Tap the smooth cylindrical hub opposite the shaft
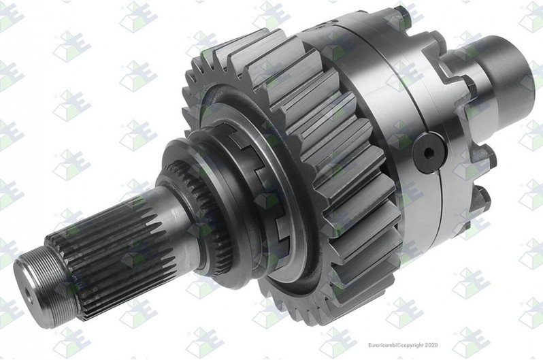507,75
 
